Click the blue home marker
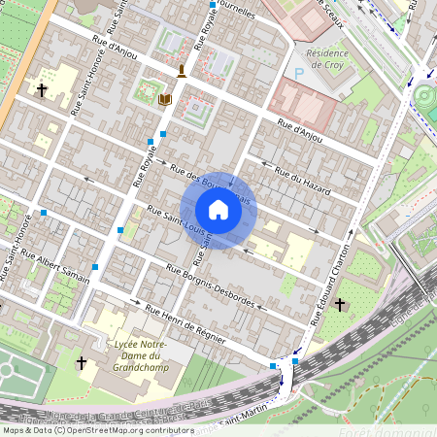tap(218, 210)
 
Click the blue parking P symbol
tap(299, 73)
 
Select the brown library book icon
tap(164, 99)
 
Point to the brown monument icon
tap(182, 70)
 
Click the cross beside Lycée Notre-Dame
tap(82, 362)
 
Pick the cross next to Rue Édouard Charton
tap(340, 305)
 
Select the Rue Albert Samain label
tap(60, 268)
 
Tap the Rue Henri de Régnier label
tap(185, 324)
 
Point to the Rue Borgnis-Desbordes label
tap(210, 286)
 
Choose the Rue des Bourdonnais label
tap(210, 185)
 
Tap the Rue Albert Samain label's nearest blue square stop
tap(95, 265)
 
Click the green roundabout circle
tap(426, 98)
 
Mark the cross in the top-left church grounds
tap(42, 90)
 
